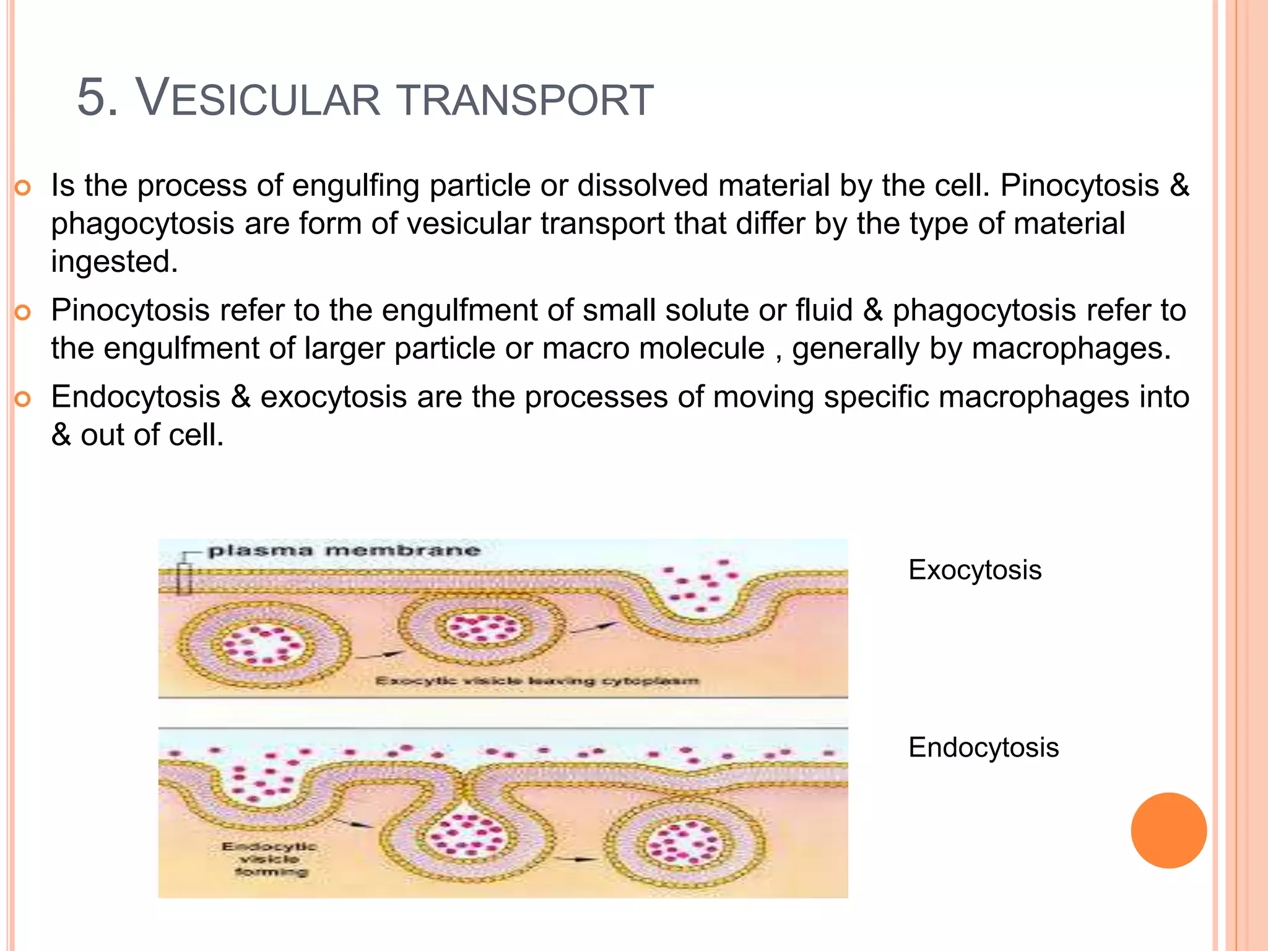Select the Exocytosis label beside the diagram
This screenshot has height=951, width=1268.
tap(975, 570)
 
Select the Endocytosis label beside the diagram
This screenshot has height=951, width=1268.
tap(983, 747)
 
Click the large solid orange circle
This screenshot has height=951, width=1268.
tap(1168, 830)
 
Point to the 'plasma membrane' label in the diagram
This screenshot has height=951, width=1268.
tap(344, 550)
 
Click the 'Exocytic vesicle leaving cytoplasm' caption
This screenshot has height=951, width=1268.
tap(537, 681)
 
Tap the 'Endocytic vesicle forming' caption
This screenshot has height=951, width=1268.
tap(270, 859)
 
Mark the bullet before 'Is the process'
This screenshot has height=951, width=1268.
tap(22, 187)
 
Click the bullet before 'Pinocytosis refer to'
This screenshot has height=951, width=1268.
tap(22, 312)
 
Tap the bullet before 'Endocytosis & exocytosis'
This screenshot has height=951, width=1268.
tap(22, 399)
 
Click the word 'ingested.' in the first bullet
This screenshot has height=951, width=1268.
tap(115, 262)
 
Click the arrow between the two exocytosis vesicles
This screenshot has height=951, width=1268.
tap(380, 654)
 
